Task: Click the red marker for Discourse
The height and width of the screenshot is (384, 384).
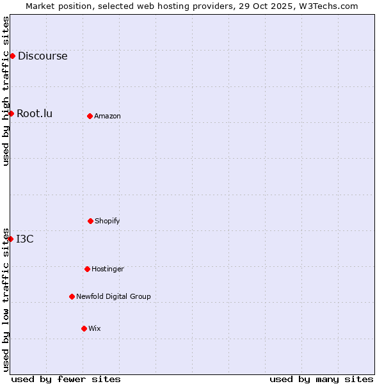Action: click(12, 56)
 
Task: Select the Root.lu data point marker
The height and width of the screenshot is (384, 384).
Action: click(11, 113)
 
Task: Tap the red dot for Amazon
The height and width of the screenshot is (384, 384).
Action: click(90, 116)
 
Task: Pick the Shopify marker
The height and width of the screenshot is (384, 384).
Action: click(90, 221)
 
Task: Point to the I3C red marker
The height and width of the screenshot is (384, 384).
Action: click(10, 239)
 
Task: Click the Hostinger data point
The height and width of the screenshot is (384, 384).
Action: click(87, 269)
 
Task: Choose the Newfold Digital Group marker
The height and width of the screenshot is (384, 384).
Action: click(72, 296)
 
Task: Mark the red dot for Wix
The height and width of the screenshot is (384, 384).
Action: click(84, 328)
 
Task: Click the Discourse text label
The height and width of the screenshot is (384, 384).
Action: click(42, 56)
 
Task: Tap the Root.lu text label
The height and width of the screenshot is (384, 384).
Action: click(35, 113)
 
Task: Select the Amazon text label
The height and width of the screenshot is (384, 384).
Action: click(108, 116)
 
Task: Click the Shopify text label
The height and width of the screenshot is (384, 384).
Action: click(108, 221)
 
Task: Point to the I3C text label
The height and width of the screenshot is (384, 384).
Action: click(25, 239)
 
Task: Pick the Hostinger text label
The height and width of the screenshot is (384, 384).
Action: click(108, 269)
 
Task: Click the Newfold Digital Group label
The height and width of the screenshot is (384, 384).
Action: click(113, 296)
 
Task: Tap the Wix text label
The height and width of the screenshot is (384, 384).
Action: click(95, 328)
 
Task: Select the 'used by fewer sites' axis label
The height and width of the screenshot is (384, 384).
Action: click(66, 379)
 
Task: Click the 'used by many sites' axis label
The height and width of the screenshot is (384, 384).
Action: click(321, 379)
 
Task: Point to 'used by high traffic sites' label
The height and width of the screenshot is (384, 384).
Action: click(6, 90)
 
